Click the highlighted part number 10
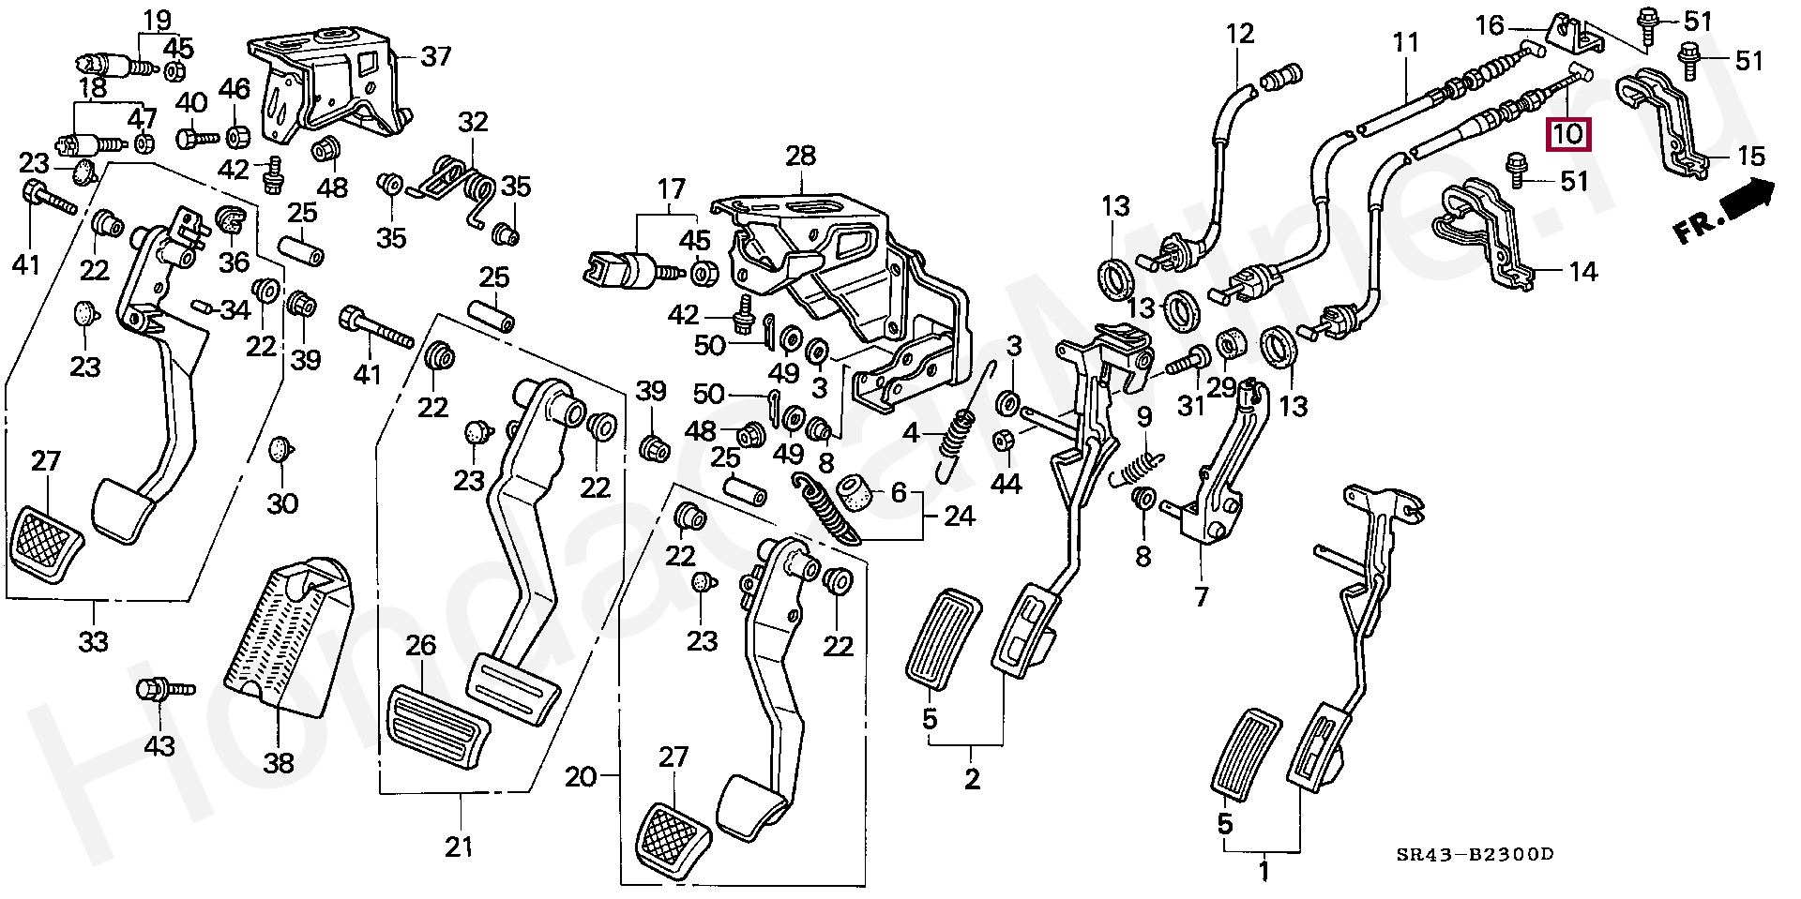[1568, 134]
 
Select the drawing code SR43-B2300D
[1475, 855]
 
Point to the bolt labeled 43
[165, 691]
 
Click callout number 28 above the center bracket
[800, 157]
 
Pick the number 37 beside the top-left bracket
[436, 57]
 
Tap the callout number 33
[94, 642]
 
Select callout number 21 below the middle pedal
[459, 847]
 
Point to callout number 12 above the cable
[1239, 35]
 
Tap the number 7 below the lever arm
[1202, 596]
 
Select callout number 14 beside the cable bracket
[1582, 272]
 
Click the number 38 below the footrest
[279, 763]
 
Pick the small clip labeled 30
[280, 449]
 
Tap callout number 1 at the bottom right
[1264, 872]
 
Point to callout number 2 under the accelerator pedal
[972, 778]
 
